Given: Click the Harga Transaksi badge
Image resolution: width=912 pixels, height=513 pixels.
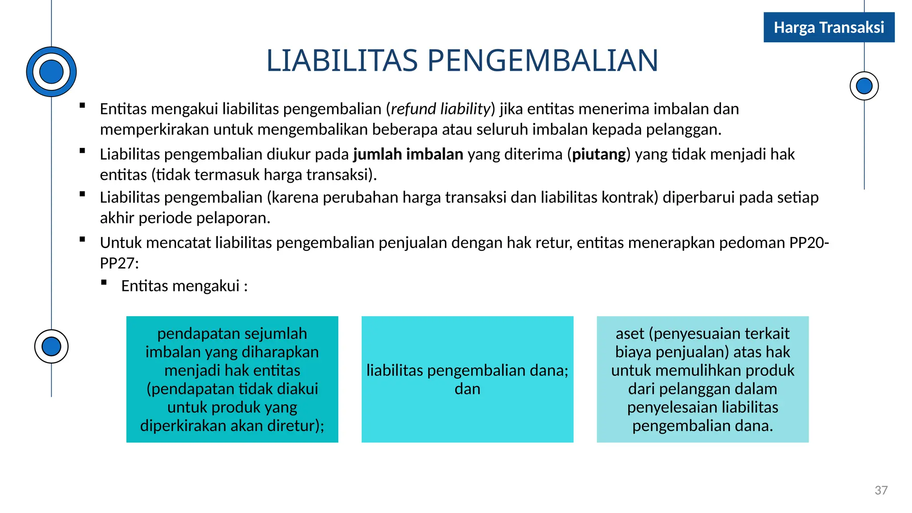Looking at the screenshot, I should (829, 28).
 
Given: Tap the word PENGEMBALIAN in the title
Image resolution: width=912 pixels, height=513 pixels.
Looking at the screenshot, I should (543, 61).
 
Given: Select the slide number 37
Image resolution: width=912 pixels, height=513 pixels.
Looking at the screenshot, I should (881, 490).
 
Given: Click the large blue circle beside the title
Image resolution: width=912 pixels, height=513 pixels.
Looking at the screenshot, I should (51, 72).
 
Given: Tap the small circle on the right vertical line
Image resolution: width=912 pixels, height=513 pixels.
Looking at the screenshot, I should (864, 86).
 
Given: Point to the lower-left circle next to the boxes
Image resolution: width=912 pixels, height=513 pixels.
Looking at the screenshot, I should (51, 346).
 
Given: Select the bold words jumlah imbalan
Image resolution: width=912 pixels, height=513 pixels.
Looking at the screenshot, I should (408, 154).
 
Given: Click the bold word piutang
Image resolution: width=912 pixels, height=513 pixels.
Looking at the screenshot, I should (599, 154).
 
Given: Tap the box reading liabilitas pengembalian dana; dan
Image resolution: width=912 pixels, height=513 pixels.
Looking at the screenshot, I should (467, 379).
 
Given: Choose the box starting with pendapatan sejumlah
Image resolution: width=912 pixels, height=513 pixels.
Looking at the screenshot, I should (232, 379).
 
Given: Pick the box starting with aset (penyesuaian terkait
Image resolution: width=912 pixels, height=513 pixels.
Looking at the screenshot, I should (702, 379).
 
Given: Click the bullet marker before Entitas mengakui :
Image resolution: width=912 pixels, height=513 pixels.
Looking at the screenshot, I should (104, 282).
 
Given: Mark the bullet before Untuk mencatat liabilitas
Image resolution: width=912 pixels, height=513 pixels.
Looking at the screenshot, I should (82, 240).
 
